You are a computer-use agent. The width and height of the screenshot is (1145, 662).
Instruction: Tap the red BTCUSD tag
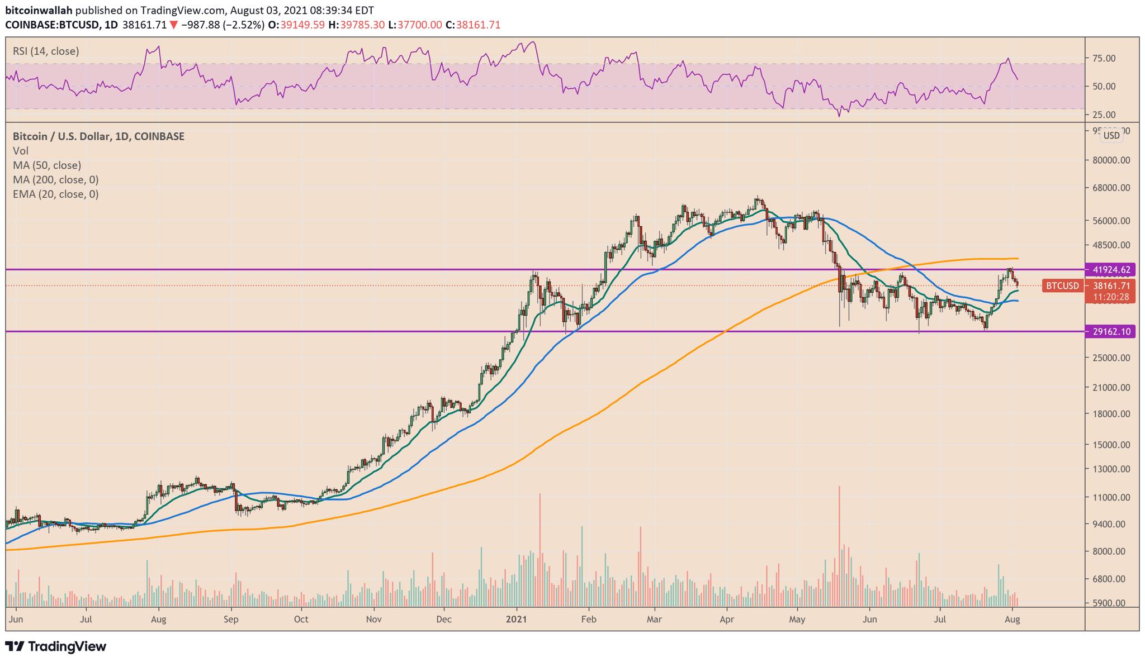1062,286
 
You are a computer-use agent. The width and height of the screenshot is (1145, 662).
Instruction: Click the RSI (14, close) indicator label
46,51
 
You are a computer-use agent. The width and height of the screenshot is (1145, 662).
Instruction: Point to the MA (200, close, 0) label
55,180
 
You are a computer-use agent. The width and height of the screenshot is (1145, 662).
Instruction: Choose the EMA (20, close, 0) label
55,194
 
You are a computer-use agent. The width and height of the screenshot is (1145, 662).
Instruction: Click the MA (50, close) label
47,165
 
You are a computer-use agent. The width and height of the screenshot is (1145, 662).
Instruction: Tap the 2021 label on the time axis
516,620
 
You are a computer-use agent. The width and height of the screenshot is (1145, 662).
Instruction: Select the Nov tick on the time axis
373,620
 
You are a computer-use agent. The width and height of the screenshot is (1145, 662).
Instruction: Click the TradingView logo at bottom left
56,647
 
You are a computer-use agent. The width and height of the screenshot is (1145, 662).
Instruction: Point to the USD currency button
1111,135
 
